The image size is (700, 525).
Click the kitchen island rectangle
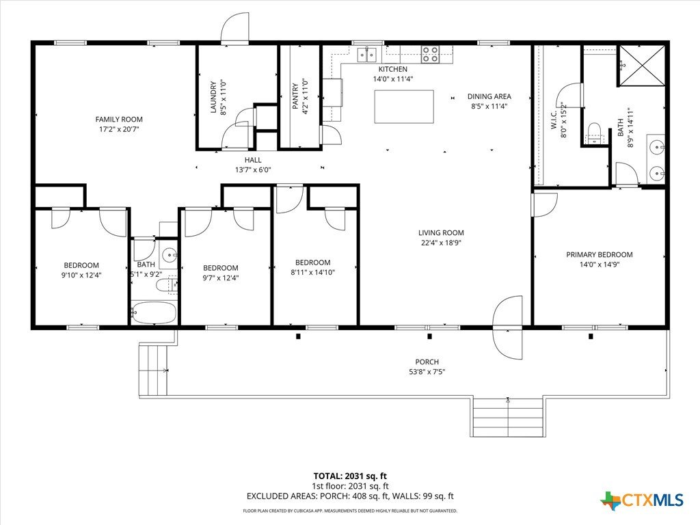(403, 107)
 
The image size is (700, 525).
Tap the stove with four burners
(431, 54)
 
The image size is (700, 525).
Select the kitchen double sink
(367, 55)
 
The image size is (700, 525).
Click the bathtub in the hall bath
(154, 312)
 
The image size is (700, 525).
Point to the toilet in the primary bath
(594, 133)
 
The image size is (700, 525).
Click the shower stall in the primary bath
(641, 65)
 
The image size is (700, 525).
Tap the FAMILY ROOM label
(119, 119)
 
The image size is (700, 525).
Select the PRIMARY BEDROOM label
(599, 254)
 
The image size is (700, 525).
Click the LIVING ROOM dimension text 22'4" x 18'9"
(441, 243)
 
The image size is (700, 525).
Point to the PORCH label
(427, 362)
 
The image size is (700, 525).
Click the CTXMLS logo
(643, 500)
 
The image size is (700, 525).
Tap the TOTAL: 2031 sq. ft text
(350, 476)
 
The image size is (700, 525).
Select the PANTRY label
(295, 96)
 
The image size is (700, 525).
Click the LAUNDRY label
(213, 97)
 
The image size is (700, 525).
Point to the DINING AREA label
(489, 96)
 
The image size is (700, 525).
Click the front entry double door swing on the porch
(508, 327)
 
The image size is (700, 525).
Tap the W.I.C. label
(554, 120)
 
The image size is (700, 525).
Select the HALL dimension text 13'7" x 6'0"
(253, 170)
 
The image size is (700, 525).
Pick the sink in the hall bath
(170, 256)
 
